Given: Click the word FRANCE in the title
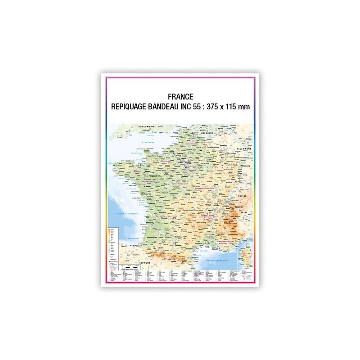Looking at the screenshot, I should tap(180, 96).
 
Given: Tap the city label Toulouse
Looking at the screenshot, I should tap(174, 243).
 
